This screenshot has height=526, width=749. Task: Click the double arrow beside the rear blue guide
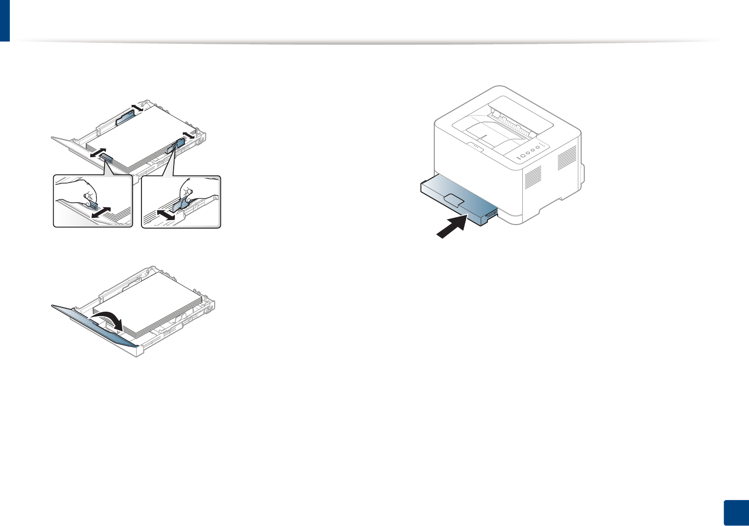tap(137, 107)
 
